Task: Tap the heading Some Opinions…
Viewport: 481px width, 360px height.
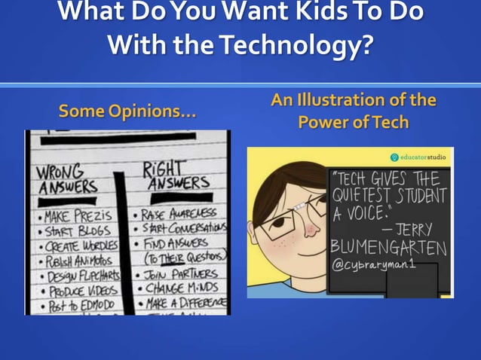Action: (x=127, y=113)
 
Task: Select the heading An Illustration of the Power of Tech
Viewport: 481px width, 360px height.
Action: (x=354, y=111)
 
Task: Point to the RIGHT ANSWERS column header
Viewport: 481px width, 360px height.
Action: (x=176, y=175)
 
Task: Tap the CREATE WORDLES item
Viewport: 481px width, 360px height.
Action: (x=75, y=245)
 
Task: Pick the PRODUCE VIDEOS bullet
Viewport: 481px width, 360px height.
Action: (x=77, y=291)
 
